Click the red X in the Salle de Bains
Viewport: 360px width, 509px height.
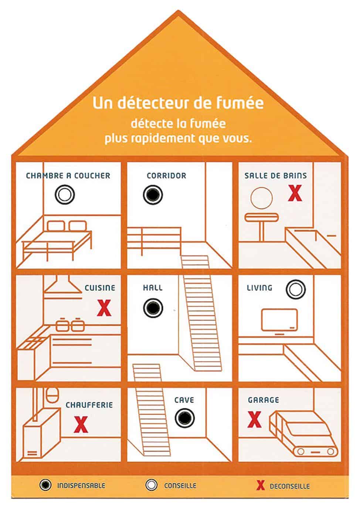pyautogui.click(x=295, y=193)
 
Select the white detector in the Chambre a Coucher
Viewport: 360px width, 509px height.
pyautogui.click(x=65, y=195)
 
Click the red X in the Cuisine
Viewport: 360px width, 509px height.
pyautogui.click(x=104, y=308)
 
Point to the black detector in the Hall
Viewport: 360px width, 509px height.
pyautogui.click(x=153, y=308)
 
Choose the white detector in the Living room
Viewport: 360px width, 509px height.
pyautogui.click(x=296, y=289)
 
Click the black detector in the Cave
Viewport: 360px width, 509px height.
pyautogui.click(x=184, y=418)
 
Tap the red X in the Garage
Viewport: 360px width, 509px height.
pyautogui.click(x=254, y=420)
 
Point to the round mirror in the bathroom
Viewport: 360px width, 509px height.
pyautogui.click(x=261, y=198)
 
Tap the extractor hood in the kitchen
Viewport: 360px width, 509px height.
pyautogui.click(x=63, y=285)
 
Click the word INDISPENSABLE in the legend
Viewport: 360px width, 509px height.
pyautogui.click(x=81, y=485)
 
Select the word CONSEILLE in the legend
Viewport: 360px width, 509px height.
pyautogui.click(x=180, y=485)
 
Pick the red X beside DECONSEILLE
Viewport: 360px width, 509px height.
pyautogui.click(x=261, y=485)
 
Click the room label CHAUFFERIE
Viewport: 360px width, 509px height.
pyautogui.click(x=89, y=405)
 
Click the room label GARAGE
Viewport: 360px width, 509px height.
pyautogui.click(x=264, y=400)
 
